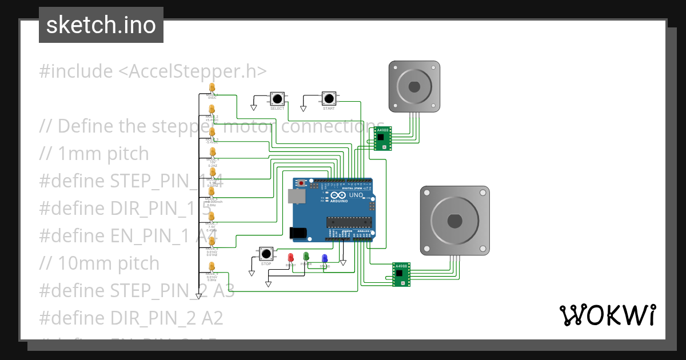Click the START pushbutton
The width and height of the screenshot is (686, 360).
click(x=329, y=98)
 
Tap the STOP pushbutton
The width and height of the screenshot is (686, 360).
click(x=266, y=254)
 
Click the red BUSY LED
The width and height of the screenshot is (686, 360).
click(x=290, y=258)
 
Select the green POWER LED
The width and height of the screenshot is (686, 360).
click(x=306, y=257)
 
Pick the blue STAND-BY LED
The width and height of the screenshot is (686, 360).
click(x=325, y=259)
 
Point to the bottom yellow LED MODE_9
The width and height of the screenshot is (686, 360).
click(x=212, y=267)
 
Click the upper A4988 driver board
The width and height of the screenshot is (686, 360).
click(x=382, y=139)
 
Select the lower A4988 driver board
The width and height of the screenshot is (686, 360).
click(x=401, y=274)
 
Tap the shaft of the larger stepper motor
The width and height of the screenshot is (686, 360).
click(x=454, y=220)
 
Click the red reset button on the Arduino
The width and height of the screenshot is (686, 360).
click(x=302, y=183)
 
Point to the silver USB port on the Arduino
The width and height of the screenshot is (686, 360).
click(x=296, y=197)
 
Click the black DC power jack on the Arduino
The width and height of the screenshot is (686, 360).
click(x=298, y=233)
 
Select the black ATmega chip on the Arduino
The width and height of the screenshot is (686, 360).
click(x=349, y=222)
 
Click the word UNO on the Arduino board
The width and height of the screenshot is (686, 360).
click(x=356, y=194)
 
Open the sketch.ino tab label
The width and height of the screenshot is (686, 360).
click(x=101, y=25)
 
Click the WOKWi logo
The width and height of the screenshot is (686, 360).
click(x=607, y=315)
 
